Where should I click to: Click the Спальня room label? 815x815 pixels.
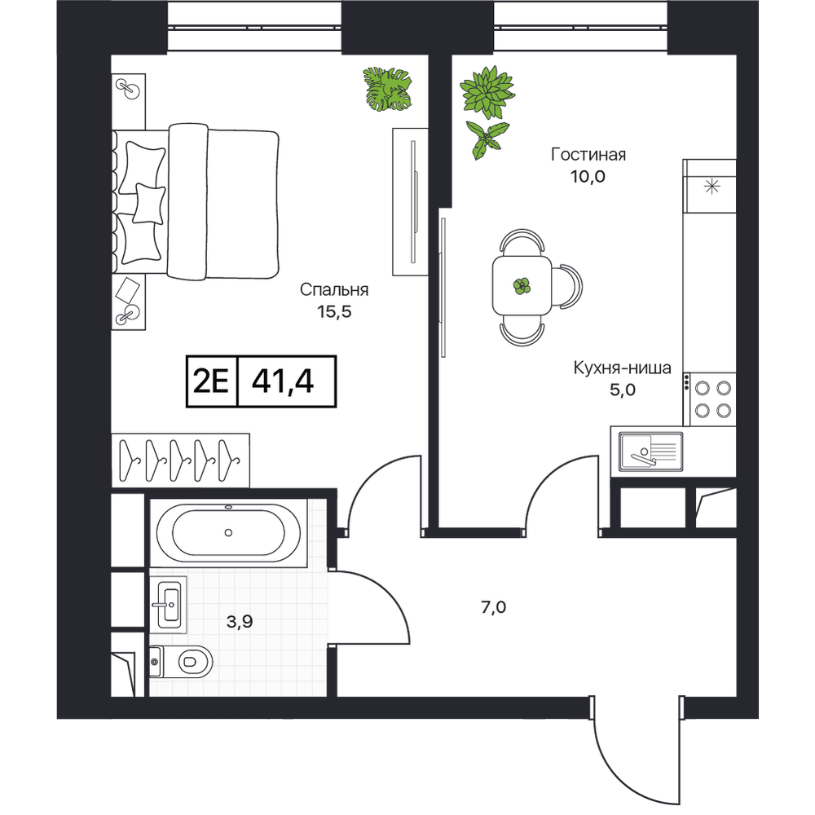coord(333,289)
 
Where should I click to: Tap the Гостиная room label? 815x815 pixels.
coord(588,154)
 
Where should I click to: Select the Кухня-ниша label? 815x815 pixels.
coord(622,368)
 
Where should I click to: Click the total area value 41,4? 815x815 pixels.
coord(283,381)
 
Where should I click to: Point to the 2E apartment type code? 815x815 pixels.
coord(211,382)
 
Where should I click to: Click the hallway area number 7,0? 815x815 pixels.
coord(494,606)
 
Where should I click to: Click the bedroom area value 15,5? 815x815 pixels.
coord(334,311)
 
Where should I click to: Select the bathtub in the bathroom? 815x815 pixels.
coord(229,533)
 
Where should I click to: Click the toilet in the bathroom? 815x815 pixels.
coord(181,661)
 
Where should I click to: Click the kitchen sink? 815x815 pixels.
coord(650,452)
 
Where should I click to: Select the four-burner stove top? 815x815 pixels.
coord(710,399)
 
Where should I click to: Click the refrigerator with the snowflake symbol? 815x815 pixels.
coord(710,186)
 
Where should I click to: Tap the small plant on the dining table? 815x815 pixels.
coord(522,285)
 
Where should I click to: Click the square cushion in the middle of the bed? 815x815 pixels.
coord(149,204)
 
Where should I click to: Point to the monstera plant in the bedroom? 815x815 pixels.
coord(387,88)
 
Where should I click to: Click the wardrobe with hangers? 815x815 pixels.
coord(180,460)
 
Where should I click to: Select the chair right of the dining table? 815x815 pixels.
coord(567,285)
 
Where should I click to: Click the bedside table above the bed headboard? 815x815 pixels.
coord(129,101)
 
